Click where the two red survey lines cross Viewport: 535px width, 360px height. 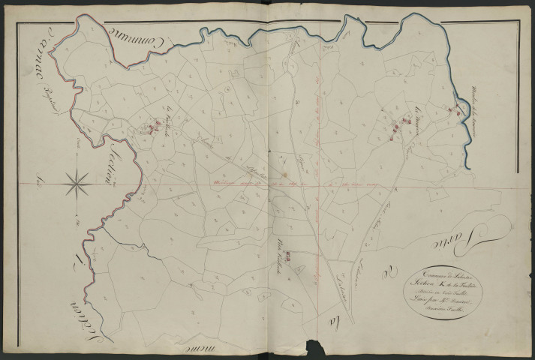click(x=320, y=184)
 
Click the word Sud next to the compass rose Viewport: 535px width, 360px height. click(x=37, y=180)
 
